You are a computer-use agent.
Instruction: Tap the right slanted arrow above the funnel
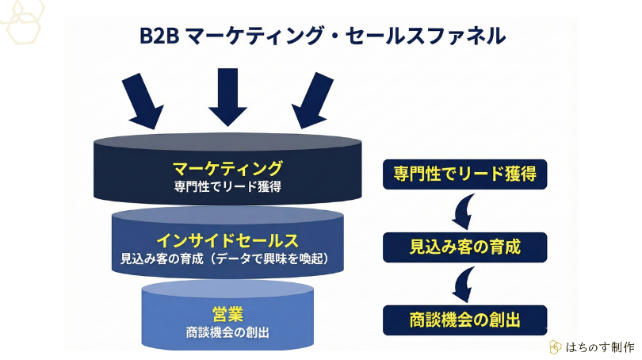click(312, 101)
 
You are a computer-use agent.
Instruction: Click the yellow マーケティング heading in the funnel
click(227, 168)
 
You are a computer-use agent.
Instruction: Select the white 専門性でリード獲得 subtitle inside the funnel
click(227, 188)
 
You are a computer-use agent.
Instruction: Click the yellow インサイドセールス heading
click(227, 240)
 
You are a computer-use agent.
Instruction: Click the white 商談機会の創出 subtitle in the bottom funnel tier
click(227, 332)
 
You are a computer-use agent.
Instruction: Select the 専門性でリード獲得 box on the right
click(464, 174)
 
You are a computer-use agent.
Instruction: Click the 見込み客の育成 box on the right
click(464, 247)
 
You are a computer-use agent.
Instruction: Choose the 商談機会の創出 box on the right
click(464, 320)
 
